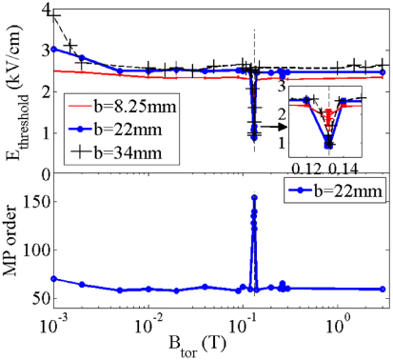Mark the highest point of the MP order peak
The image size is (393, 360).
pos(254,197)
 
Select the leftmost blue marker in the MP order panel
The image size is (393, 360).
pos(54,279)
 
